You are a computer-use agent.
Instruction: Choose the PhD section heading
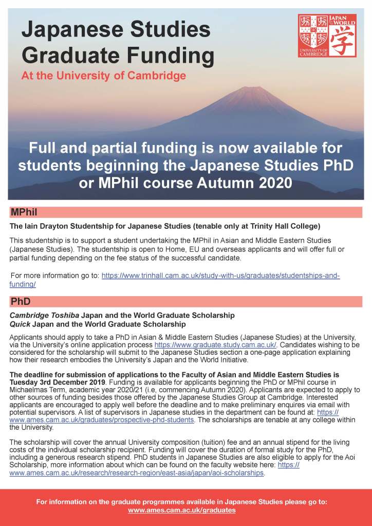point(21,301)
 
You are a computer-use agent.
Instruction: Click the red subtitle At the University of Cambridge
point(103,76)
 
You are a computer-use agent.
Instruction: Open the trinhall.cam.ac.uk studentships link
point(220,276)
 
